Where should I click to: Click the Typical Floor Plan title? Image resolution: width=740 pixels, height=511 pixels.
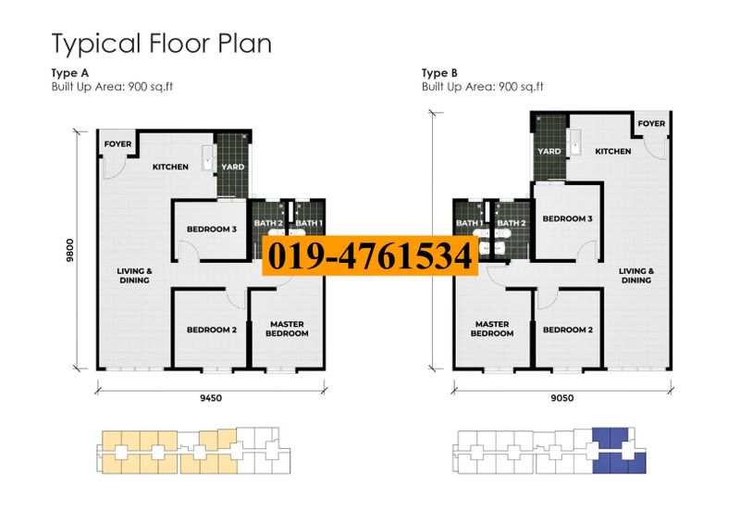click(161, 43)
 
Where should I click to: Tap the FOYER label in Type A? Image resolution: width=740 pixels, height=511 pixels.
click(117, 143)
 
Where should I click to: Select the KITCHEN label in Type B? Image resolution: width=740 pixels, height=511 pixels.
click(612, 151)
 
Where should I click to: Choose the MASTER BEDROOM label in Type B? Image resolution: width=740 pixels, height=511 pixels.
click(492, 329)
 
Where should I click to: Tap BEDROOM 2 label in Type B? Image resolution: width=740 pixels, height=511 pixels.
click(568, 330)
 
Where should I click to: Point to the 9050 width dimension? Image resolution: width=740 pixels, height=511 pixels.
click(561, 398)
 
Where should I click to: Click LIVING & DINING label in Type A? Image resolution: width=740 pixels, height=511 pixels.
click(134, 275)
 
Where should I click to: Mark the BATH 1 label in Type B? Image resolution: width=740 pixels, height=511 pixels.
click(469, 223)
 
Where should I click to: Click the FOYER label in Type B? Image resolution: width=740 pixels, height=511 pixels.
click(651, 123)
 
